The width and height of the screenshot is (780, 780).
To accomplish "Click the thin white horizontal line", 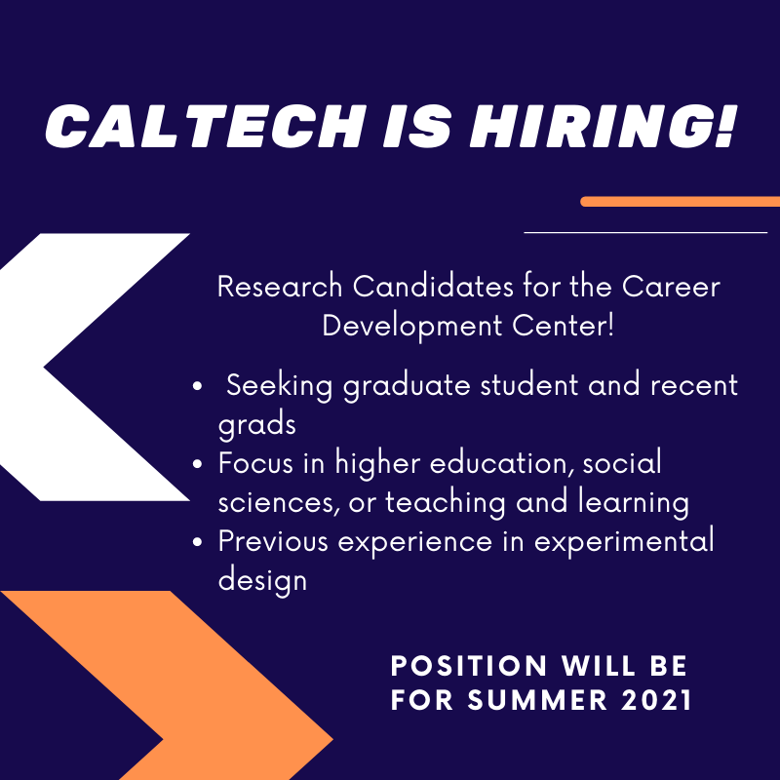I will tap(645, 233).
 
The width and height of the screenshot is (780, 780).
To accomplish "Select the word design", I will tap(262, 580).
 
